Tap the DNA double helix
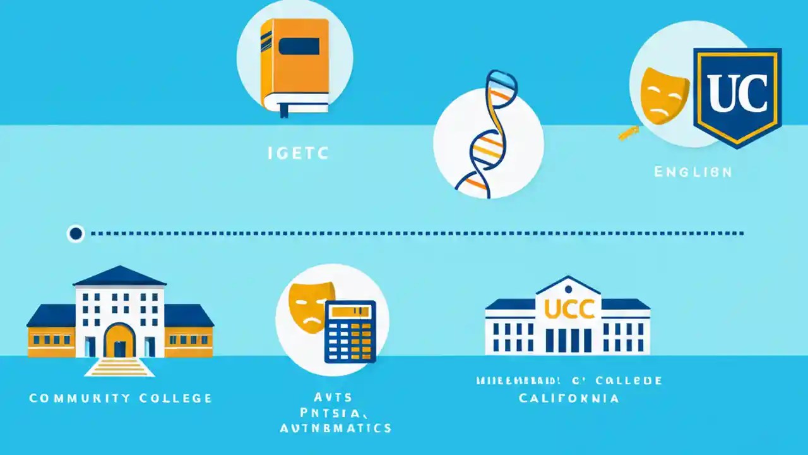tap(487, 133)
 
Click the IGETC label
tap(295, 154)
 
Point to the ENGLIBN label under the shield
tap(692, 172)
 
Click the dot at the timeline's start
tap(76, 234)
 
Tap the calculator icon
tap(350, 331)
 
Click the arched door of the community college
tap(119, 341)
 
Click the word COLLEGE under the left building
tap(177, 398)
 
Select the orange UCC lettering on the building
tap(569, 309)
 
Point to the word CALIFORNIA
tap(569, 398)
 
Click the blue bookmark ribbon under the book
tap(283, 110)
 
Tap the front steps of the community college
tap(119, 367)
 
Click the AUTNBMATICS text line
tap(335, 428)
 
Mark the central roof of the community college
tap(119, 276)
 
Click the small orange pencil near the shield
tap(628, 132)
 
